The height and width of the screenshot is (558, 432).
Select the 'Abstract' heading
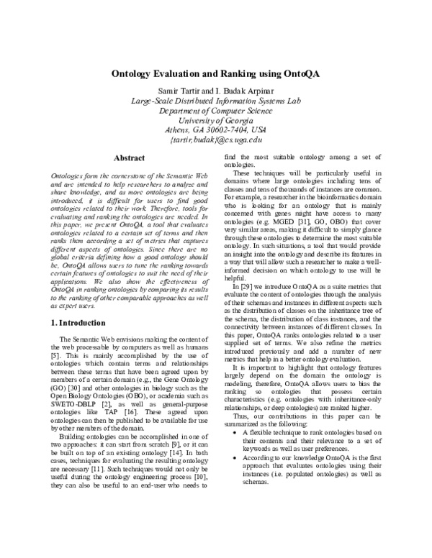point(130,158)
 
